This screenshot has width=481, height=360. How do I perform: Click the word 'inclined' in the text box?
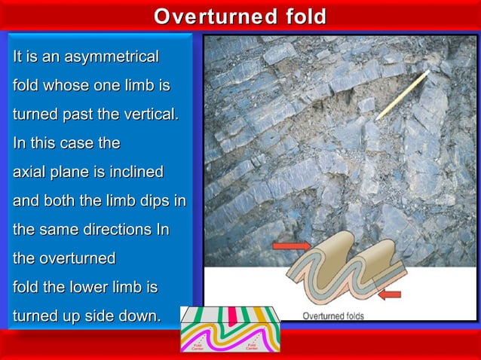[135, 172]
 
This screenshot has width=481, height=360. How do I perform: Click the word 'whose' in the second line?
[66, 86]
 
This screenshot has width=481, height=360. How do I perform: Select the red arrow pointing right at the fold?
[290, 246]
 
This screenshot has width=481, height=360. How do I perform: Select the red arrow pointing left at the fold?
[391, 294]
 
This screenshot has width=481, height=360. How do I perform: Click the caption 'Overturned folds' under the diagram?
[332, 316]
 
